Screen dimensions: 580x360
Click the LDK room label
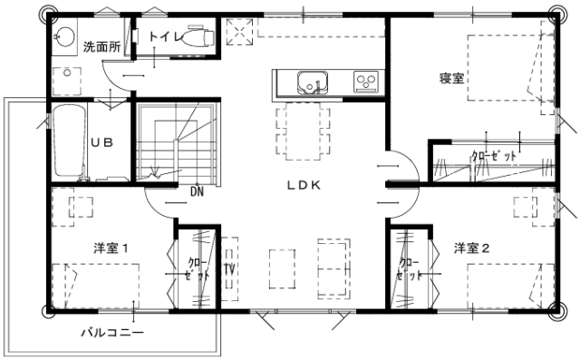304,185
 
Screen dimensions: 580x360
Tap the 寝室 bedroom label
451,78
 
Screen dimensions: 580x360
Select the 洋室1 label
111,248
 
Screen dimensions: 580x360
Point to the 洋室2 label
471,248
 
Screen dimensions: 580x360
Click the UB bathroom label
101,142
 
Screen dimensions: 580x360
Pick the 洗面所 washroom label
101,46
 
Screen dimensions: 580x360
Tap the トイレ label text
166,36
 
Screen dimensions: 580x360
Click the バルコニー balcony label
112,333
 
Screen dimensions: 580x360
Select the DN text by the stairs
198,191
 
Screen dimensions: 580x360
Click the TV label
229,269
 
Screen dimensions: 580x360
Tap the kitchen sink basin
313,83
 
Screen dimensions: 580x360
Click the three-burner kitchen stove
366,82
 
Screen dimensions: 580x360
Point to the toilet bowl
198,37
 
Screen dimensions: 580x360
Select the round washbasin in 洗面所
65,36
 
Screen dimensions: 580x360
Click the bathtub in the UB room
69,141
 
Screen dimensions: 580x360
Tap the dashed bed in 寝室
505,68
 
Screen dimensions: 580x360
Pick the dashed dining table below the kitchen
303,131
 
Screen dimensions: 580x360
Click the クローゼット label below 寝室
494,156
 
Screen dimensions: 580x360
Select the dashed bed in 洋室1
95,286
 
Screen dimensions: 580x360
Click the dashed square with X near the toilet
239,32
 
